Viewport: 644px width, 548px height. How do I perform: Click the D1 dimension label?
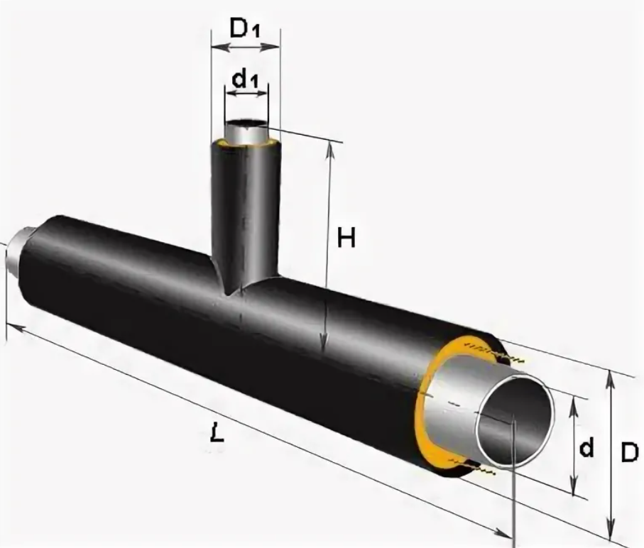[245, 28]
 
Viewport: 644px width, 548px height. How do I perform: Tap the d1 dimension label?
[245, 80]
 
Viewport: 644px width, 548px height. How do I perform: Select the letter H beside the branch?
[346, 237]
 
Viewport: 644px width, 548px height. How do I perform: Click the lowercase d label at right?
[586, 447]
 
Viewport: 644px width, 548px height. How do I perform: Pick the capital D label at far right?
[630, 452]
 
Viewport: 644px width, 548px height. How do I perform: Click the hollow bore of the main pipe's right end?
[515, 421]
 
